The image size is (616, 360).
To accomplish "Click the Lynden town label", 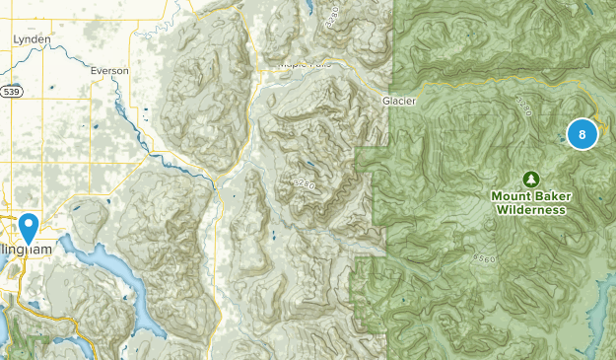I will (x=31, y=39).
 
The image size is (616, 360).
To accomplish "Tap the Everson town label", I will (x=108, y=70).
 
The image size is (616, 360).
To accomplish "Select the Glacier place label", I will (x=399, y=101).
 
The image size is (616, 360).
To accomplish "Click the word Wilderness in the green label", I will (x=531, y=209).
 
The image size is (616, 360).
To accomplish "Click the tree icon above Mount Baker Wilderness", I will (x=531, y=180).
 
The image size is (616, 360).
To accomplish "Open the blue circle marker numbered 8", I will (x=582, y=134).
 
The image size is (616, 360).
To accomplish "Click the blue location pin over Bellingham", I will (x=30, y=228).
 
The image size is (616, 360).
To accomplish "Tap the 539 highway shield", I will (x=11, y=92).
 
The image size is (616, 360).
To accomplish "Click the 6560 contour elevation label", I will (x=485, y=256).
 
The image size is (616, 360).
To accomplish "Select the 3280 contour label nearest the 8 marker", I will (x=523, y=106).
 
